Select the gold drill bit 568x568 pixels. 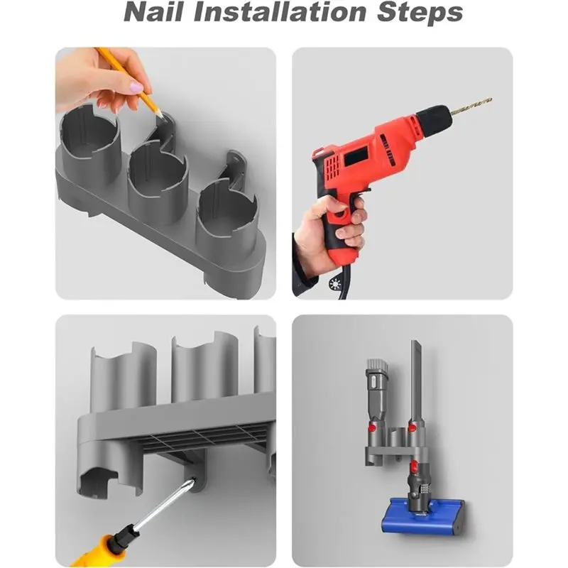pos(469,106)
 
